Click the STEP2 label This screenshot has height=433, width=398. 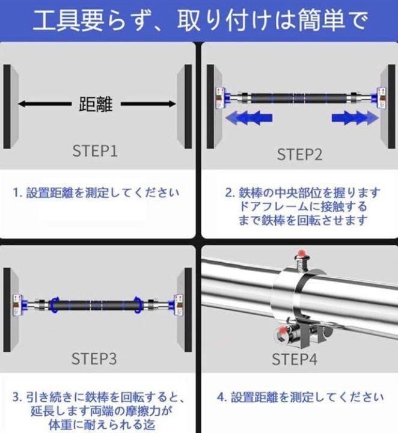point(299,155)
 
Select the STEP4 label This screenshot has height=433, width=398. point(294,360)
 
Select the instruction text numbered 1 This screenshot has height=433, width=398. point(96,194)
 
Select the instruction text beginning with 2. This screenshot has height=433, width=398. point(302,206)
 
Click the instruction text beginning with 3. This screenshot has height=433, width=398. point(97,411)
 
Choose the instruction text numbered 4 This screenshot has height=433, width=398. point(299,398)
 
